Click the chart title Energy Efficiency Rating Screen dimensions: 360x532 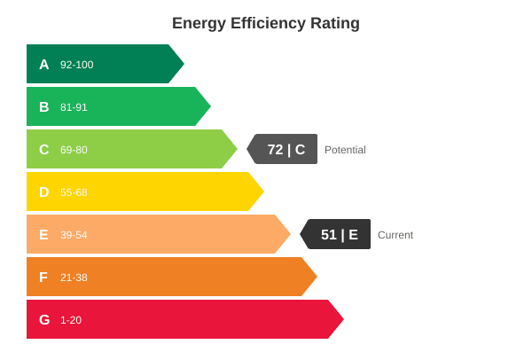pyautogui.click(x=266, y=23)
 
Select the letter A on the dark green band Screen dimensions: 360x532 pyautogui.click(x=44, y=65)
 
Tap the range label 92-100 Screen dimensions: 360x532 pyautogui.click(x=76, y=65)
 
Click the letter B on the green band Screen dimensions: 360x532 pyautogui.click(x=44, y=107)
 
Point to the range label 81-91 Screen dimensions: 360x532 pyautogui.click(x=74, y=107)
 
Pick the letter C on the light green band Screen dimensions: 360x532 pyautogui.click(x=44, y=150)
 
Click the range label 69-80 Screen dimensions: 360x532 pyautogui.click(x=74, y=150)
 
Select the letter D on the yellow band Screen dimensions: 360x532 pyautogui.click(x=44, y=192)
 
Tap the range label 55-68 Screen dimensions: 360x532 pyautogui.click(x=74, y=192)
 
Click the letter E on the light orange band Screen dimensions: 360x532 pyautogui.click(x=44, y=235)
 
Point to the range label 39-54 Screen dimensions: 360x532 pyautogui.click(x=74, y=235)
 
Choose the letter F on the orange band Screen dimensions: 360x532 pyautogui.click(x=43, y=278)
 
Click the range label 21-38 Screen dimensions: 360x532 pyautogui.click(x=74, y=278)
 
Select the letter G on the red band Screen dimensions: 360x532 pyautogui.click(x=44, y=320)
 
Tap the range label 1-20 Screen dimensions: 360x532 pyautogui.click(x=71, y=320)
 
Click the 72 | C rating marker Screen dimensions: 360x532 pyautogui.click(x=286, y=150)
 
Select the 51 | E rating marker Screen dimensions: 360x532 pyautogui.click(x=339, y=235)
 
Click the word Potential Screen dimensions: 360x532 pyautogui.click(x=345, y=150)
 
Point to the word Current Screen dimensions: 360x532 pyautogui.click(x=395, y=235)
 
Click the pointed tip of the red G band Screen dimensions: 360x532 pyautogui.click(x=341, y=319)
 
